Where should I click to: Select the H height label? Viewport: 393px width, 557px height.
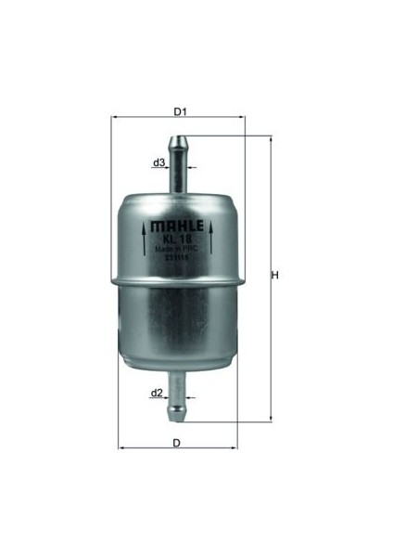click(x=275, y=275)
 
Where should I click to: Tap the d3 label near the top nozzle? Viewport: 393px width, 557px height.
click(x=159, y=162)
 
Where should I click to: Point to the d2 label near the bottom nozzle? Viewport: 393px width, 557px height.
click(x=157, y=393)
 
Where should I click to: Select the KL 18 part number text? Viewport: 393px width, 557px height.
click(x=177, y=238)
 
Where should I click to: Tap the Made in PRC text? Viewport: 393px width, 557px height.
click(x=177, y=249)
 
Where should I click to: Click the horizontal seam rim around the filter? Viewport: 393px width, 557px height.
click(x=177, y=278)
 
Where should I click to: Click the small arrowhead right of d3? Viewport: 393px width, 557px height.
click(x=192, y=168)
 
